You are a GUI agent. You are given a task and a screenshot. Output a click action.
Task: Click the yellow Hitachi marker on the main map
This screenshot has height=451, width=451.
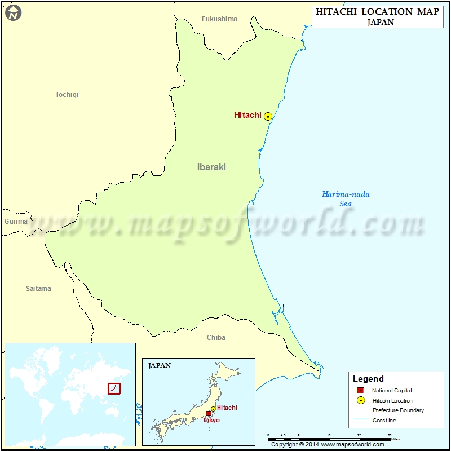pyautogui.click(x=268, y=116)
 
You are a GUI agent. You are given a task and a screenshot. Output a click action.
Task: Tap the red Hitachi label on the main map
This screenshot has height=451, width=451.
pyautogui.click(x=247, y=115)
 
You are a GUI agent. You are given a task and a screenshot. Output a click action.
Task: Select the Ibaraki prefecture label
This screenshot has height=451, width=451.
pyautogui.click(x=211, y=167)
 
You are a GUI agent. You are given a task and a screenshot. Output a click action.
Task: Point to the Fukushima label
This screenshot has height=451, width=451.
pyautogui.click(x=219, y=19)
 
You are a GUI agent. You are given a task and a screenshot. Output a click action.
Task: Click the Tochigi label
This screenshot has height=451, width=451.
pyautogui.click(x=67, y=95)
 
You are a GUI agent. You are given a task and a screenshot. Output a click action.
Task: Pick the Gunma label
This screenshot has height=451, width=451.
pyautogui.click(x=16, y=222)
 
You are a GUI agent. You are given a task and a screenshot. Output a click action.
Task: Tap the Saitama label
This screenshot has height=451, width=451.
pyautogui.click(x=38, y=289)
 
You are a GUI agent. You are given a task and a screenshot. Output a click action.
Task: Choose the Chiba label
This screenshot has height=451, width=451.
pyautogui.click(x=216, y=338)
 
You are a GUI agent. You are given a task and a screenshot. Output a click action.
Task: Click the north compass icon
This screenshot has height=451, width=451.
pyautogui.click(x=13, y=12)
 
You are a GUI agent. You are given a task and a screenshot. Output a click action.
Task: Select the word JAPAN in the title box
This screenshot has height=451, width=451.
pyautogui.click(x=380, y=23)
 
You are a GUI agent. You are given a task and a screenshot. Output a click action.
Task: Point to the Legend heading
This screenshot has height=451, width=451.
pyautogui.click(x=368, y=379)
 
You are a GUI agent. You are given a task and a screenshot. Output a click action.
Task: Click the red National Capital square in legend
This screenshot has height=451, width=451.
pyautogui.click(x=360, y=391)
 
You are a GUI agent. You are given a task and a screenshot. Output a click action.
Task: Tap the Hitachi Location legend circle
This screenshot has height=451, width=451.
pyautogui.click(x=360, y=401)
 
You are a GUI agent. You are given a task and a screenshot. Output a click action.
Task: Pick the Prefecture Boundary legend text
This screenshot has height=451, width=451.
pyautogui.click(x=398, y=410)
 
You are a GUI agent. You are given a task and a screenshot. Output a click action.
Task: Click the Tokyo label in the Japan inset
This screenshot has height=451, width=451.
pyautogui.click(x=211, y=421)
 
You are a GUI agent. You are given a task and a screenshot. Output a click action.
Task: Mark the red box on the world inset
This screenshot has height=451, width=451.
pyautogui.click(x=114, y=388)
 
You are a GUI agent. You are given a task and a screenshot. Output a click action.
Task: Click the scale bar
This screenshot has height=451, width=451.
pyautogui.click(x=330, y=437)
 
